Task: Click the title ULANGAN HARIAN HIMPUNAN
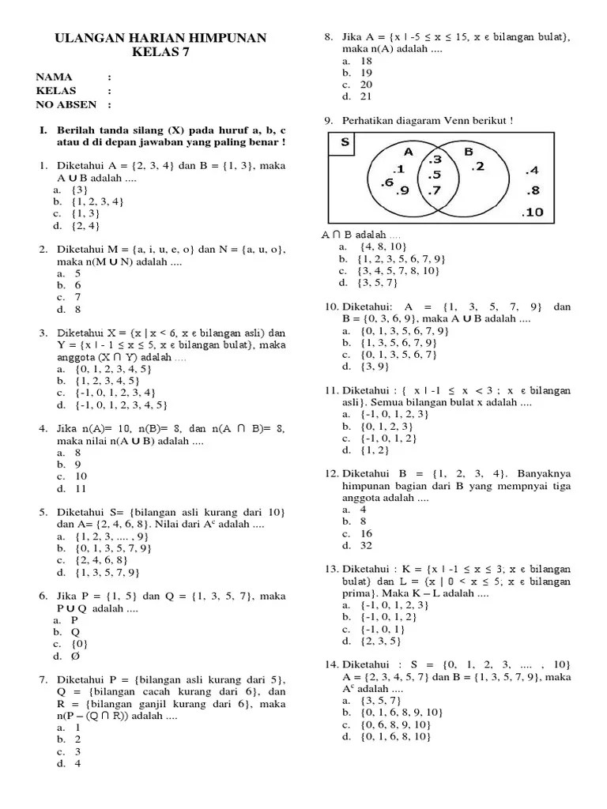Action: [159, 38]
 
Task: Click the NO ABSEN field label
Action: [66, 104]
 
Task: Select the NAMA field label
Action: [55, 77]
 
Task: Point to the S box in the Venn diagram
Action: [345, 143]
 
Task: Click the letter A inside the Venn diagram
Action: [408, 151]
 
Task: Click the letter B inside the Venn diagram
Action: [468, 151]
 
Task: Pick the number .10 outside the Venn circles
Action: [533, 212]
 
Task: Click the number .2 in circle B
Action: [477, 167]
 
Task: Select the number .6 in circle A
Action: [386, 182]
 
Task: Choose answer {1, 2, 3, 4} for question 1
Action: [97, 202]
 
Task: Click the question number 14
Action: [331, 664]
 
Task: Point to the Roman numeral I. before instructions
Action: [45, 129]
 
